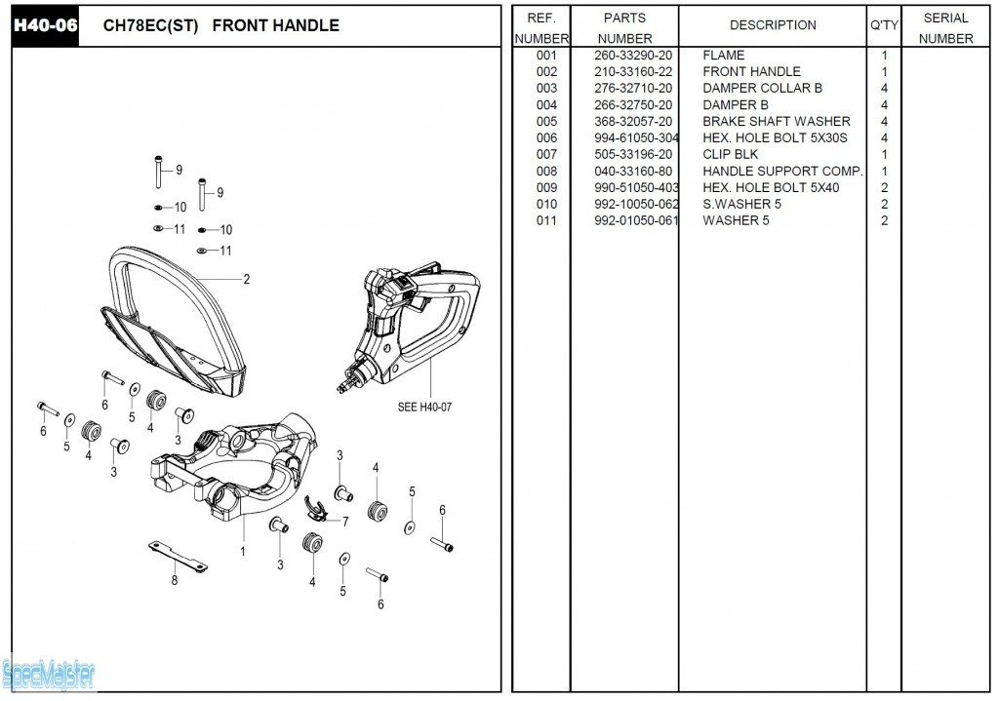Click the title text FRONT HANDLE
click(x=275, y=25)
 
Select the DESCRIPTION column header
click(x=773, y=25)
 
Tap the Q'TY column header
click(x=884, y=25)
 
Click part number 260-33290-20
click(x=633, y=56)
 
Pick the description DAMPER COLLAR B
click(x=762, y=89)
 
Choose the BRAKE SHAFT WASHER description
click(x=776, y=122)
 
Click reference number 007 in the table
click(x=546, y=155)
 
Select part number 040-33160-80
click(x=633, y=172)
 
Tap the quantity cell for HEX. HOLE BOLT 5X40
click(x=884, y=188)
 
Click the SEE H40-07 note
click(x=424, y=408)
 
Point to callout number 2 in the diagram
click(x=246, y=280)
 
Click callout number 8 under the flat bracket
click(x=175, y=581)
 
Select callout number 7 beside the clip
click(x=344, y=522)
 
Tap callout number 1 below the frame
click(x=243, y=552)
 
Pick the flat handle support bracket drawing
click(x=178, y=556)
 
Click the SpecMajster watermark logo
click(x=49, y=673)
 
